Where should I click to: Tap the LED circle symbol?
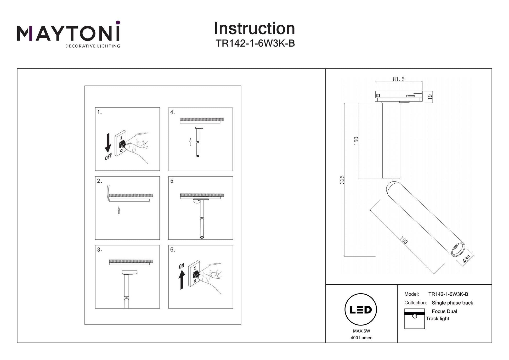360,310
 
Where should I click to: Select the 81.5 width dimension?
398,79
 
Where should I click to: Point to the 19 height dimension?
430,97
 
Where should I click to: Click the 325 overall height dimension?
342,179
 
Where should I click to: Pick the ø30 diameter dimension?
466,258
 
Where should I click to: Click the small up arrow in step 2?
119,210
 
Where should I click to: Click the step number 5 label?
172,181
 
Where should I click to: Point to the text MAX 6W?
361,331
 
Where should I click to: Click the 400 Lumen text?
361,338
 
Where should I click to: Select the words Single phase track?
452,303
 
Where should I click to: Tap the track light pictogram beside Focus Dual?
414,319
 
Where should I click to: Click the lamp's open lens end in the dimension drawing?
458,249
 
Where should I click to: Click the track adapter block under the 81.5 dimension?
398,96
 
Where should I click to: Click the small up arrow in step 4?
190,142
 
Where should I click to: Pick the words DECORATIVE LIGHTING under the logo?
93,46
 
